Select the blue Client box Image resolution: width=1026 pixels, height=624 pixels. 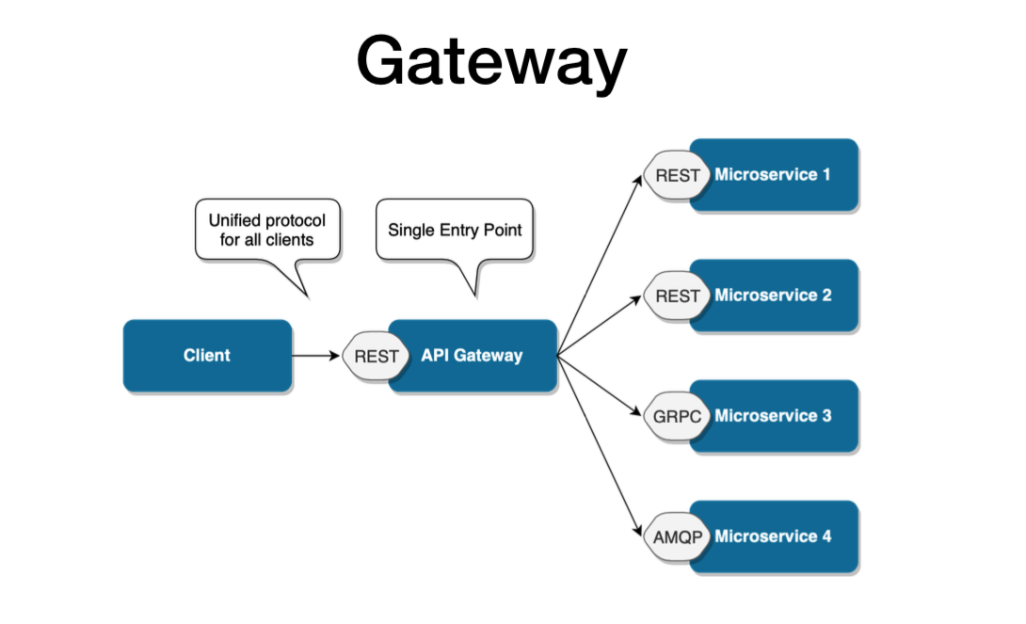(207, 356)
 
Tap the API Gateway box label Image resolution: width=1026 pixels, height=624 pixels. (472, 356)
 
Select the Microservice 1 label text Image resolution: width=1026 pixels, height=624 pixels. (773, 174)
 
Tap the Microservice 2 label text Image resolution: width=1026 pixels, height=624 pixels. (773, 295)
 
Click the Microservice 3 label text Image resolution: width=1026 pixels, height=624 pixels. (773, 415)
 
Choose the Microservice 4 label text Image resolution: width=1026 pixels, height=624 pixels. (773, 536)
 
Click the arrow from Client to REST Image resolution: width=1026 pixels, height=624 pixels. (316, 356)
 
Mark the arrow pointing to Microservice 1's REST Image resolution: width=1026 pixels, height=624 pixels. (602, 263)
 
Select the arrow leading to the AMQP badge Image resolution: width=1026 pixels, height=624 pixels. (602, 448)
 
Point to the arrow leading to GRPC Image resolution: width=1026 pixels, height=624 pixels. (602, 386)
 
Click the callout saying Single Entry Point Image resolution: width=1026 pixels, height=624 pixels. (455, 230)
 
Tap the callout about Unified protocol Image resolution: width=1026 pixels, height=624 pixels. (266, 230)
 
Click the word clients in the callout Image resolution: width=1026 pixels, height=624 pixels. (288, 239)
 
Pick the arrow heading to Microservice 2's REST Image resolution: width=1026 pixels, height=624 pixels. (602, 326)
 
